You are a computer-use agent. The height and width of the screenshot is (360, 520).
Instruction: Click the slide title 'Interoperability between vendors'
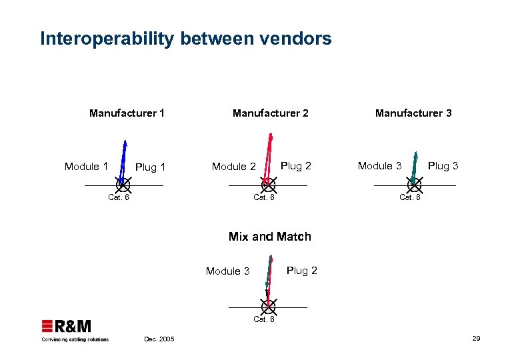185,39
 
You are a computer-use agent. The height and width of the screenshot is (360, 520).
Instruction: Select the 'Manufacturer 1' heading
127,113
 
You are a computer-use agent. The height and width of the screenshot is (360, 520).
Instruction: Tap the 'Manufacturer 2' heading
270,113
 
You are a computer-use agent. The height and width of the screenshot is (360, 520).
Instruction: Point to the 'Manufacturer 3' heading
413,113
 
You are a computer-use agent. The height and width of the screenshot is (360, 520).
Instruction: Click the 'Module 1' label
86,166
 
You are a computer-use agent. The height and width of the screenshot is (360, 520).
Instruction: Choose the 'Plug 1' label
150,167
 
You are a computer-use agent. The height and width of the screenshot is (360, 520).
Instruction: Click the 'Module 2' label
233,167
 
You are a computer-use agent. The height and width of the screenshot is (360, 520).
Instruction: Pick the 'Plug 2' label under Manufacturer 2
296,165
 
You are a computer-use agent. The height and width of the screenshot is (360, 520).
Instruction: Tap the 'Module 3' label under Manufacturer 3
379,165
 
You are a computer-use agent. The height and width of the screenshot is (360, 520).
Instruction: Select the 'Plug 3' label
443,165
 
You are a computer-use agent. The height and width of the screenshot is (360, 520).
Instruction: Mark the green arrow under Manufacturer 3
415,164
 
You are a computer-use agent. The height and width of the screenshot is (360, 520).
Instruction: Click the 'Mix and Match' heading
269,237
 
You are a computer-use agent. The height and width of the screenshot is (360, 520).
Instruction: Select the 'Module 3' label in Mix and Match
227,271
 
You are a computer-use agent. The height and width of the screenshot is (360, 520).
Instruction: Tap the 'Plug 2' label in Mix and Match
301,270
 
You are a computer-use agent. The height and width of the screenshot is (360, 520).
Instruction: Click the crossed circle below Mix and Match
268,307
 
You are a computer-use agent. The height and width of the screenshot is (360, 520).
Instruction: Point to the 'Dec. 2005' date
159,339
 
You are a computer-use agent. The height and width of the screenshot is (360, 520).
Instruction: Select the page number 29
476,339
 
